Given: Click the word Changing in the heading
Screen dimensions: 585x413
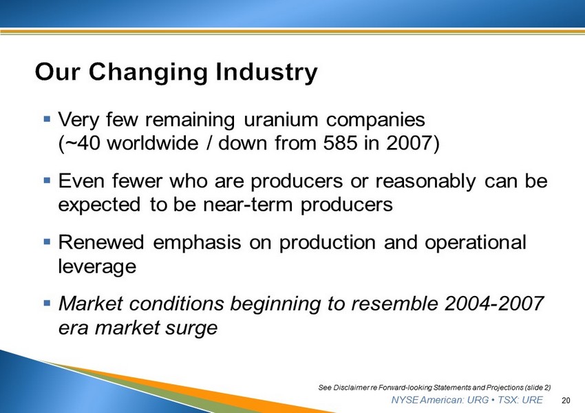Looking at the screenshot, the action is pyautogui.click(x=148, y=72).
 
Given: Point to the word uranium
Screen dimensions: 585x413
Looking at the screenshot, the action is pyautogui.click(x=281, y=120).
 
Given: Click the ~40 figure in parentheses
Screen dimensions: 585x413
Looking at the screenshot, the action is pyautogui.click(x=79, y=143).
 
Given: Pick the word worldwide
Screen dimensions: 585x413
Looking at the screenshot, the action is pyautogui.click(x=153, y=143).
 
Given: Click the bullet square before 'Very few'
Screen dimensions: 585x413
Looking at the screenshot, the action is pyautogui.click(x=47, y=119).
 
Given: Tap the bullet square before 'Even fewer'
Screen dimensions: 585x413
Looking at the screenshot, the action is pyautogui.click(x=47, y=180).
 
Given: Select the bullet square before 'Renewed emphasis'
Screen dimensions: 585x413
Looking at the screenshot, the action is pyautogui.click(x=47, y=242).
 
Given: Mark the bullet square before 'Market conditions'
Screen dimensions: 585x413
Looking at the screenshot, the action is pyautogui.click(x=47, y=303).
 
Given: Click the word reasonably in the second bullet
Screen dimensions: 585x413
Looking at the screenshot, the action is pyautogui.click(x=426, y=182).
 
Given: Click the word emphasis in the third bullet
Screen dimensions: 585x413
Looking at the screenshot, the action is pyautogui.click(x=197, y=243).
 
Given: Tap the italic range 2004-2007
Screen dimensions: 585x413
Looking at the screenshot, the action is pyautogui.click(x=494, y=304).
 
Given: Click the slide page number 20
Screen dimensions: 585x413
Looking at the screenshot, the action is pyautogui.click(x=566, y=401).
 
